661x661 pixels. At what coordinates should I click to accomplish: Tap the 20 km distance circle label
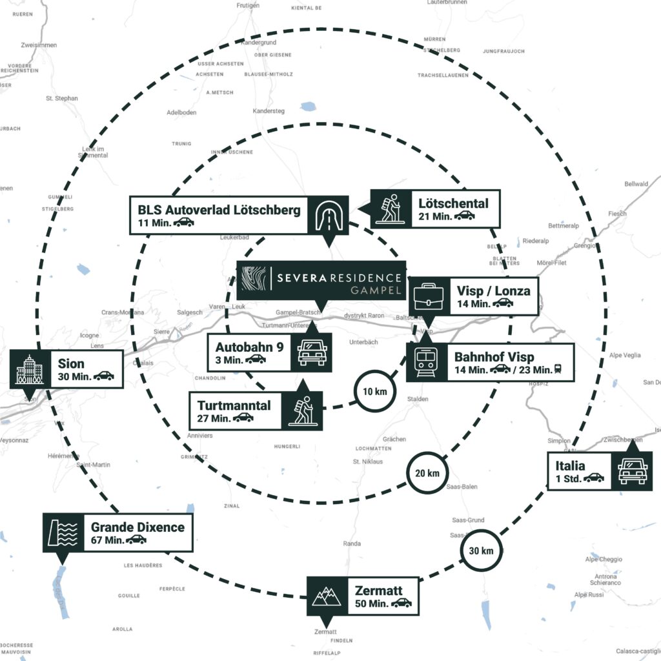coord(427,473)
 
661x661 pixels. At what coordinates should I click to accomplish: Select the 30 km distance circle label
coord(482,551)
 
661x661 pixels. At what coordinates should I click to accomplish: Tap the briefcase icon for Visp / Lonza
coord(427,296)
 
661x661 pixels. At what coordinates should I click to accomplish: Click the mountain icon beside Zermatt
coord(327,596)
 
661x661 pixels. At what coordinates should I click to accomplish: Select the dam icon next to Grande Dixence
coord(63,533)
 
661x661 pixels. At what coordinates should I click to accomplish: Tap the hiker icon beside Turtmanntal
coord(301,411)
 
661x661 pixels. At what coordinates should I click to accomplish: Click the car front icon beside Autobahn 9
coord(312,352)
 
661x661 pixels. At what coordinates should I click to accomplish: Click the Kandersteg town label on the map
coord(268,111)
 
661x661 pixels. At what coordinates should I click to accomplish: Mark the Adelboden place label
coord(181,112)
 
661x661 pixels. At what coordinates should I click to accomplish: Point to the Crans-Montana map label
coord(123,312)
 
